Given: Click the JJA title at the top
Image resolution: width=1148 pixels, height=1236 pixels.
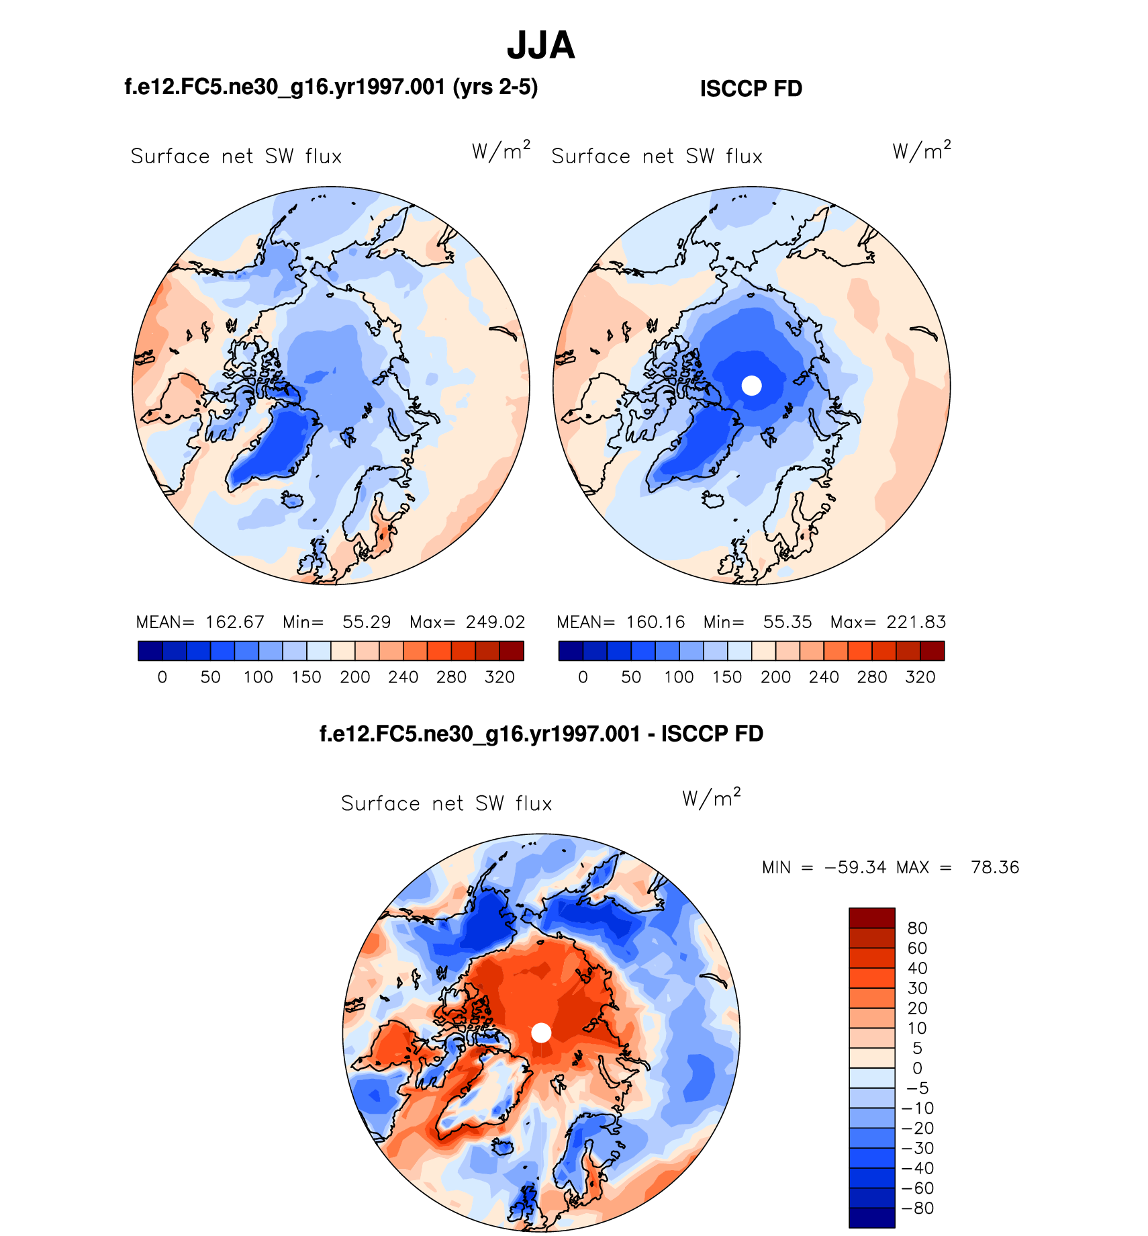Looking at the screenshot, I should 540,46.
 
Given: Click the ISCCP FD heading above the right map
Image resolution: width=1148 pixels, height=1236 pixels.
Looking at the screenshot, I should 751,89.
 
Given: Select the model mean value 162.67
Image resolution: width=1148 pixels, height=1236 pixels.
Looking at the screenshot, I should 235,622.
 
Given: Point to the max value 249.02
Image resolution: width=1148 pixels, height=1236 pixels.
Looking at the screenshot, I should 495,622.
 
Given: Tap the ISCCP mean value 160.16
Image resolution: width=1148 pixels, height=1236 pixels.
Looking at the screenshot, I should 656,622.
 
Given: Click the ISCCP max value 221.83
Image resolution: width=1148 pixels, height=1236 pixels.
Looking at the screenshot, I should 916,622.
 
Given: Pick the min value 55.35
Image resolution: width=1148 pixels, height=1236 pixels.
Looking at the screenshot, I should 787,622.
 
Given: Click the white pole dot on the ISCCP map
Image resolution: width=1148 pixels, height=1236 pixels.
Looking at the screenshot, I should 751,386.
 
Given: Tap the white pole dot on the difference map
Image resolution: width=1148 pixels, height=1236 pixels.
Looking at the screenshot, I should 541,1033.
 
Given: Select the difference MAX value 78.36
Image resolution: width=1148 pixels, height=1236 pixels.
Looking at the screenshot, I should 995,867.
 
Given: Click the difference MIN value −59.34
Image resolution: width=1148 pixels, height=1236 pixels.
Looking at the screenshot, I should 855,867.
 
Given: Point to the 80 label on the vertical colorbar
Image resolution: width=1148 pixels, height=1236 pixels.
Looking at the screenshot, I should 917,928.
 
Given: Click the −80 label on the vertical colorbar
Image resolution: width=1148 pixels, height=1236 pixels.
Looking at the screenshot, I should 918,1208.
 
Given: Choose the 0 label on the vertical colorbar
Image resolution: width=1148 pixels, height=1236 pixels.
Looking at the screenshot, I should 917,1068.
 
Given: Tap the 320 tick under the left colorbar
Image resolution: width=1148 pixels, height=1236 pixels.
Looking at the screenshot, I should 499,677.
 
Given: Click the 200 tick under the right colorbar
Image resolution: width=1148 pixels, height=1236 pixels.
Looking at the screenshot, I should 775,677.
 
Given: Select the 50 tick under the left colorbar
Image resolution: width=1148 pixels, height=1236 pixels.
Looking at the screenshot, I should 210,677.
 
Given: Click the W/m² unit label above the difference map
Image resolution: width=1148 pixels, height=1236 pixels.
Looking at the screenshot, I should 711,799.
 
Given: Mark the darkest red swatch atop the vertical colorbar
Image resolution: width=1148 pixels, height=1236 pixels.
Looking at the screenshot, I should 871,918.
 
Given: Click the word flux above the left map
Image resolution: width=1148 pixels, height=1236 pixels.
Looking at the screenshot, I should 323,157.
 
